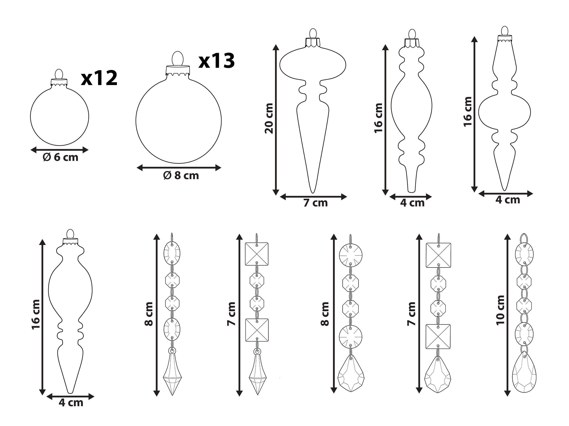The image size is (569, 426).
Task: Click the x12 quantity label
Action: point(99,79)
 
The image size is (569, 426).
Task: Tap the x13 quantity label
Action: point(217,61)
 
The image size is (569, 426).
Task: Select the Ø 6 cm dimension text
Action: point(60,157)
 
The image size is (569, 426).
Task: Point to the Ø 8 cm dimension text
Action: point(181,175)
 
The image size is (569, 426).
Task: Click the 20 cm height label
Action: point(269,118)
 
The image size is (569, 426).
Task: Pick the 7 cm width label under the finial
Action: point(315,203)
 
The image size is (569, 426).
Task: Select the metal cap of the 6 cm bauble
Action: point(59,82)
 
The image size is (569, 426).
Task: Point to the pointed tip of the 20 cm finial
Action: point(313,193)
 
